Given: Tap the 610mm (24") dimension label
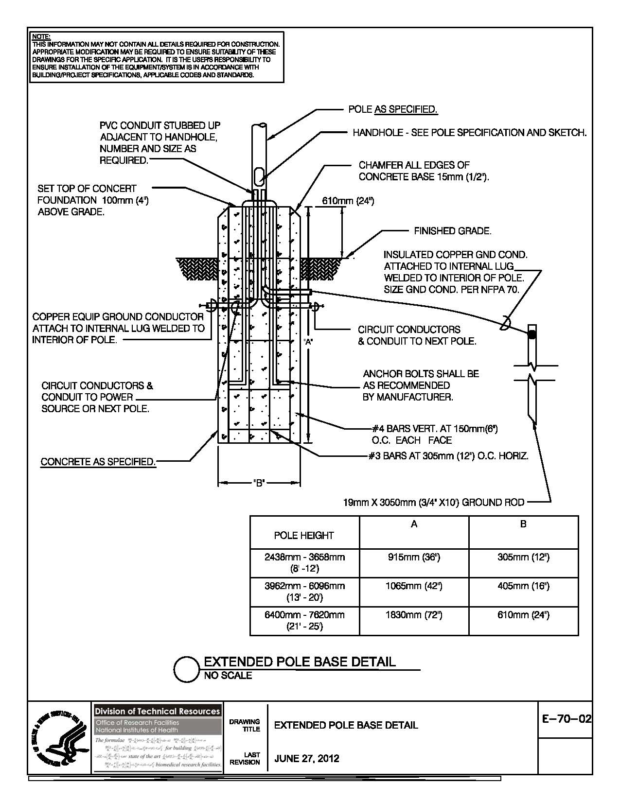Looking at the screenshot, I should click(348, 201).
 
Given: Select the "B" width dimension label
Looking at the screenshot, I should click(259, 483).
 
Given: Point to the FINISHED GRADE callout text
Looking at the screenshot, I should click(452, 231).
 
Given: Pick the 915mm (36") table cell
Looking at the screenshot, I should click(413, 558).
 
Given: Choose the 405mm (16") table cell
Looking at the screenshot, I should click(523, 586).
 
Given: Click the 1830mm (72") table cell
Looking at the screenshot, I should click(413, 615).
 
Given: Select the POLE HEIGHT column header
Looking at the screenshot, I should click(304, 536).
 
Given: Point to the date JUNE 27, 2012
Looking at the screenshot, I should click(307, 758).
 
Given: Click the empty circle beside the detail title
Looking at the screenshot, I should click(186, 670).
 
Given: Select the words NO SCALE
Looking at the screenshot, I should click(228, 676).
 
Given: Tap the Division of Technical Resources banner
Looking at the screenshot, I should click(157, 711).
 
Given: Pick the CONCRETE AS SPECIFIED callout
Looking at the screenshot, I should click(98, 462).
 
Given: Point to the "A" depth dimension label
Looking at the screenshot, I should click(308, 342).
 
